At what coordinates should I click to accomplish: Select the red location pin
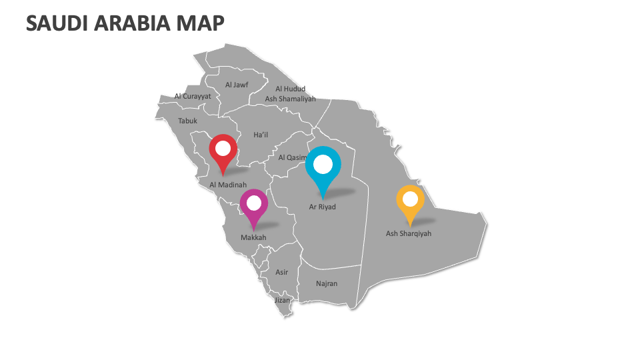click(x=223, y=151)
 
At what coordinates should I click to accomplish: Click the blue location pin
click(x=323, y=167)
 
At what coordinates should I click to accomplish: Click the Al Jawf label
click(x=237, y=85)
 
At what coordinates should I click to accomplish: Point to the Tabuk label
click(x=187, y=121)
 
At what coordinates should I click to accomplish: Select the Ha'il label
click(x=261, y=135)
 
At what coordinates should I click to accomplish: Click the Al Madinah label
click(x=228, y=185)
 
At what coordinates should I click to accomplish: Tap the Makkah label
click(x=253, y=237)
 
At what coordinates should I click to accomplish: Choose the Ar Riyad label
click(x=323, y=207)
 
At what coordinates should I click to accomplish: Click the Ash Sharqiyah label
click(x=409, y=233)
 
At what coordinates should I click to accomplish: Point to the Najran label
click(x=327, y=283)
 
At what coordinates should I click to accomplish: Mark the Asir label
click(x=282, y=272)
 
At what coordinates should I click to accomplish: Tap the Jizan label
click(x=283, y=300)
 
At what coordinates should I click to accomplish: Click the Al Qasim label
click(x=291, y=157)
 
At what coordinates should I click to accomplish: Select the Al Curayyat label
click(x=193, y=96)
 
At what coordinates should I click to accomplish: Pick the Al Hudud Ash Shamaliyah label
click(x=290, y=93)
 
